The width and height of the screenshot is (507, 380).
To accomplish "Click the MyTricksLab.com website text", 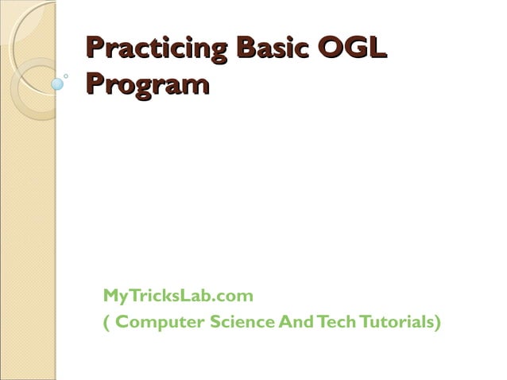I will coord(178,296).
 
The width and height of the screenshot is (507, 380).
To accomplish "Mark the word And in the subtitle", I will coord(295,322).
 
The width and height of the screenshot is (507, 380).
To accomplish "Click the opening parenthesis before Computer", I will coord(106,323).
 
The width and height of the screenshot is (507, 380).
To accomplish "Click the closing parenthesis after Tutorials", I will coord(437,323).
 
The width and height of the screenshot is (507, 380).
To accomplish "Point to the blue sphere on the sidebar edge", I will coord(57,83).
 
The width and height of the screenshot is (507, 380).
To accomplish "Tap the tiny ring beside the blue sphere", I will coord(66,76).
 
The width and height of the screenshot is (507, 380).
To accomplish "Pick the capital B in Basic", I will coord(250,48).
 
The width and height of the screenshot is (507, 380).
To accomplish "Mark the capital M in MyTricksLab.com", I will coord(110,296).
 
